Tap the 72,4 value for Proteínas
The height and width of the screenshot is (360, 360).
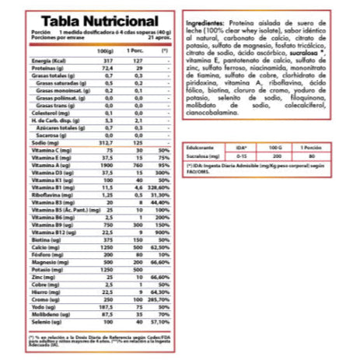(x=109, y=68)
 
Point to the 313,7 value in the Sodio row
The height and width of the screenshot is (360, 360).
(x=108, y=142)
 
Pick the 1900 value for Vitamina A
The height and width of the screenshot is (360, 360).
(x=108, y=165)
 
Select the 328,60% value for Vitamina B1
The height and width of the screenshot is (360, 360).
(x=163, y=187)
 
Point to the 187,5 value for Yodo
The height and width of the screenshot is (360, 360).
(x=108, y=307)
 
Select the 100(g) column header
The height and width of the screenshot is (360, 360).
(x=107, y=51)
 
